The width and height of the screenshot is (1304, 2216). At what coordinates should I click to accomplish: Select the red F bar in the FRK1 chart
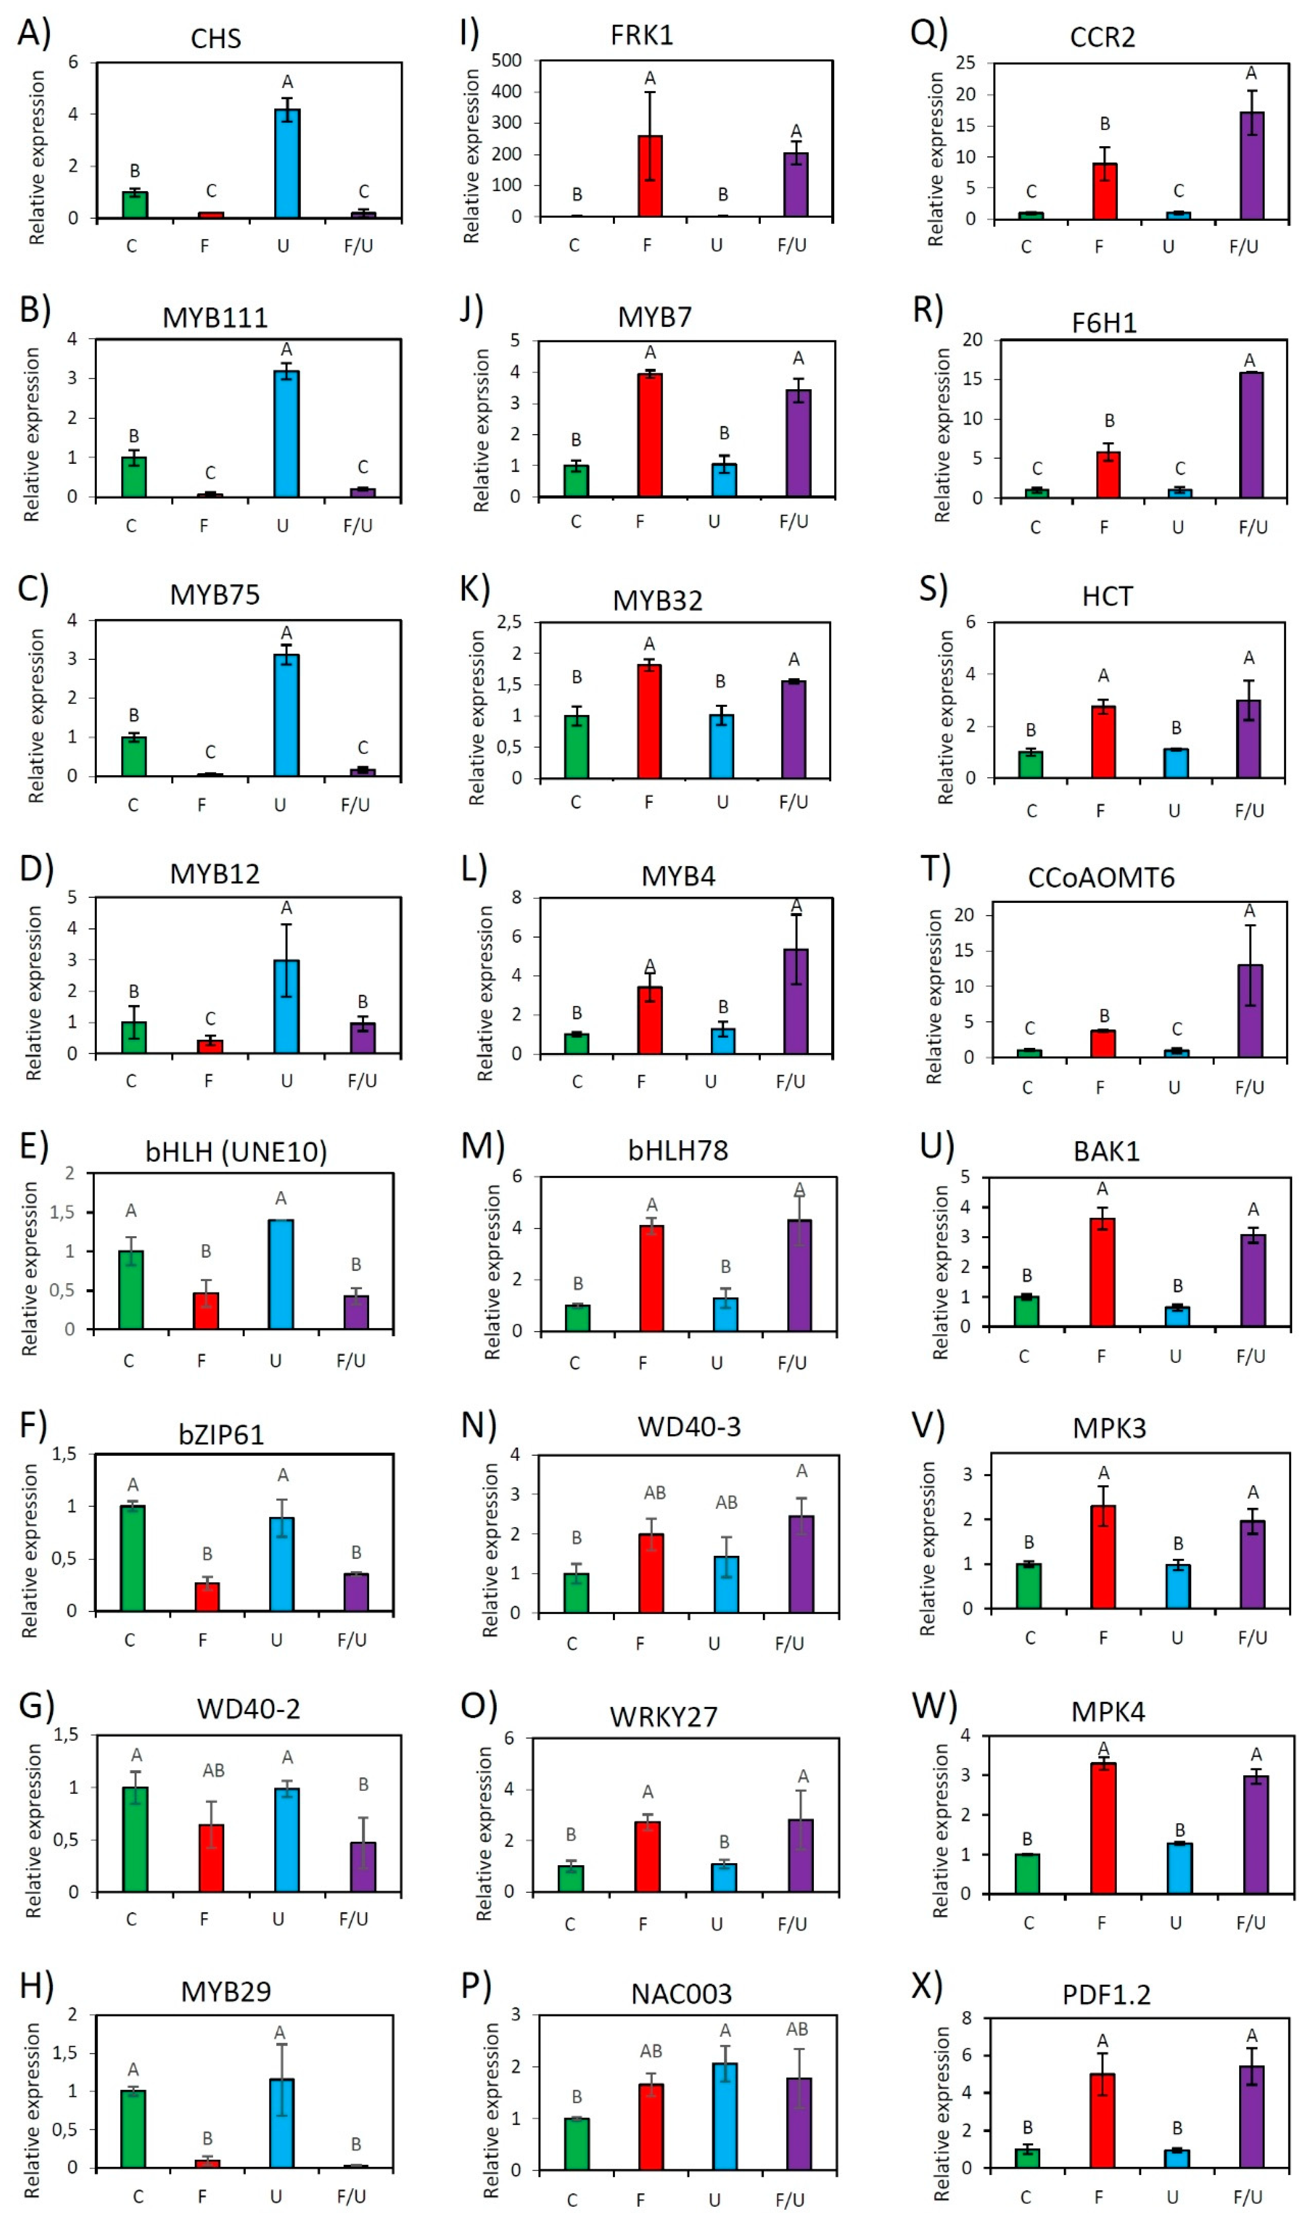point(650,176)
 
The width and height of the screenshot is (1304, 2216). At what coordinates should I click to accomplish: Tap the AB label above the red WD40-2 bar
point(213,1770)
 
